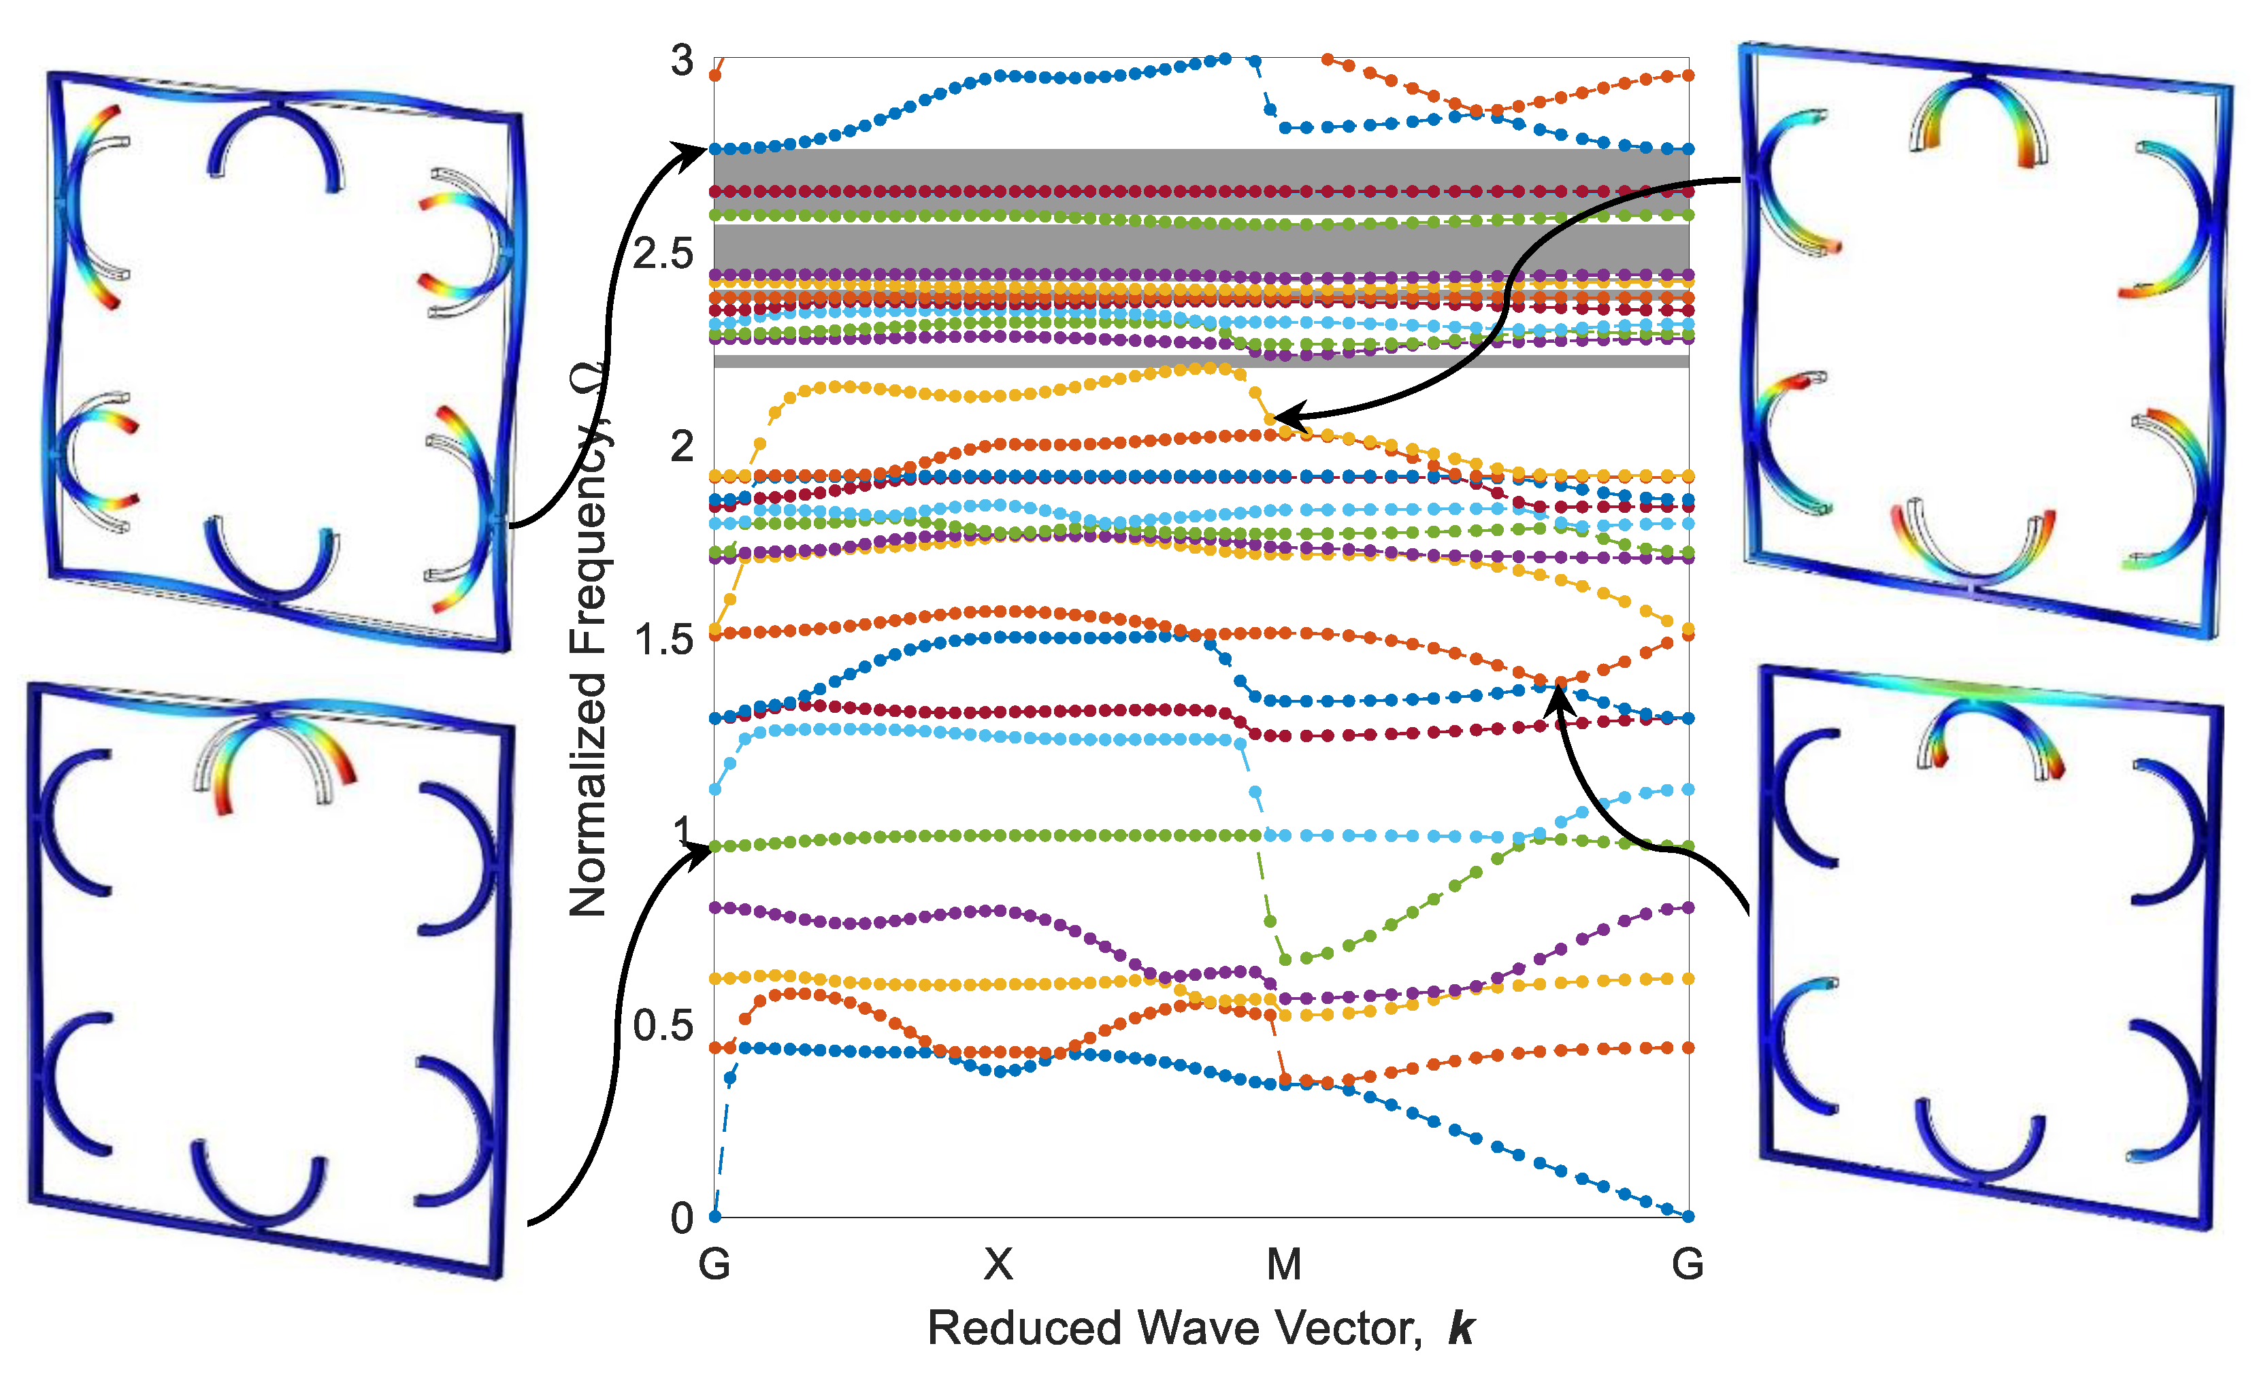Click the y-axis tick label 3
tap(681, 61)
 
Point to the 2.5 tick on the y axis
tap(663, 254)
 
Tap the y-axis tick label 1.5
tap(663, 640)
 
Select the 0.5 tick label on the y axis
tap(663, 1026)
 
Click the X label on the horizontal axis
tap(998, 1264)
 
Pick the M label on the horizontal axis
tap(1284, 1264)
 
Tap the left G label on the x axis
tap(714, 1264)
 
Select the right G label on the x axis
tap(1688, 1264)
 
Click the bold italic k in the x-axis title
tap(1461, 1328)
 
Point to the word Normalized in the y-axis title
tap(587, 795)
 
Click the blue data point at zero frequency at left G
tap(715, 1216)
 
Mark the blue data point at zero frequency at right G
tap(1689, 1216)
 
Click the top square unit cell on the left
tap(284, 361)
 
